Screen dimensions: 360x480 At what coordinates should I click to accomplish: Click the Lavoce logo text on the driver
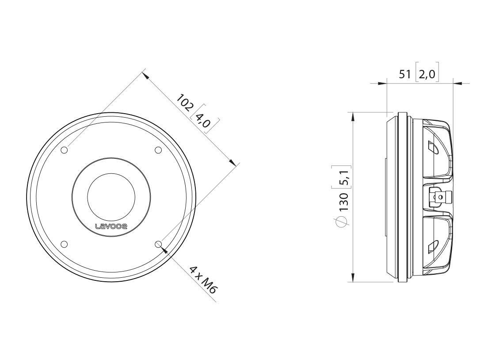coord(111,226)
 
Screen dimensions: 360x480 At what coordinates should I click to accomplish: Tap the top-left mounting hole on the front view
coord(64,150)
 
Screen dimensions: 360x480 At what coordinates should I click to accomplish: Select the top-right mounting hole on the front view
coord(158,150)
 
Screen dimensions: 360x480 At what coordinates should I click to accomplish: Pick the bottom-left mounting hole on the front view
coord(64,244)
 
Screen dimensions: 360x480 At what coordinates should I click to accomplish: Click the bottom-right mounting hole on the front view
coord(159,244)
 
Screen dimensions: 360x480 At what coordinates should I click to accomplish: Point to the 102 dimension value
coord(184,103)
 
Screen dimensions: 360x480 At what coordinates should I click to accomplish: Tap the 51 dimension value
coord(405,74)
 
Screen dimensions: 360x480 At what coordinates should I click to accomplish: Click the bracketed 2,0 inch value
coord(427,74)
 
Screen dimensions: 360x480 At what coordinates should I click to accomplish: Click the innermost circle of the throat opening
coord(111,193)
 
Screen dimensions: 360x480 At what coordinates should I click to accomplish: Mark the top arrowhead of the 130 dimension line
coord(352,116)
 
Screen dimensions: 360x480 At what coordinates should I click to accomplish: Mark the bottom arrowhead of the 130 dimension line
coord(352,277)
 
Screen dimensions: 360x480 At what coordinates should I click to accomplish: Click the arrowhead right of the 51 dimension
coord(458,83)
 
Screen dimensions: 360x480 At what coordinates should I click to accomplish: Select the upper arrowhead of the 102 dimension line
coord(147,75)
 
